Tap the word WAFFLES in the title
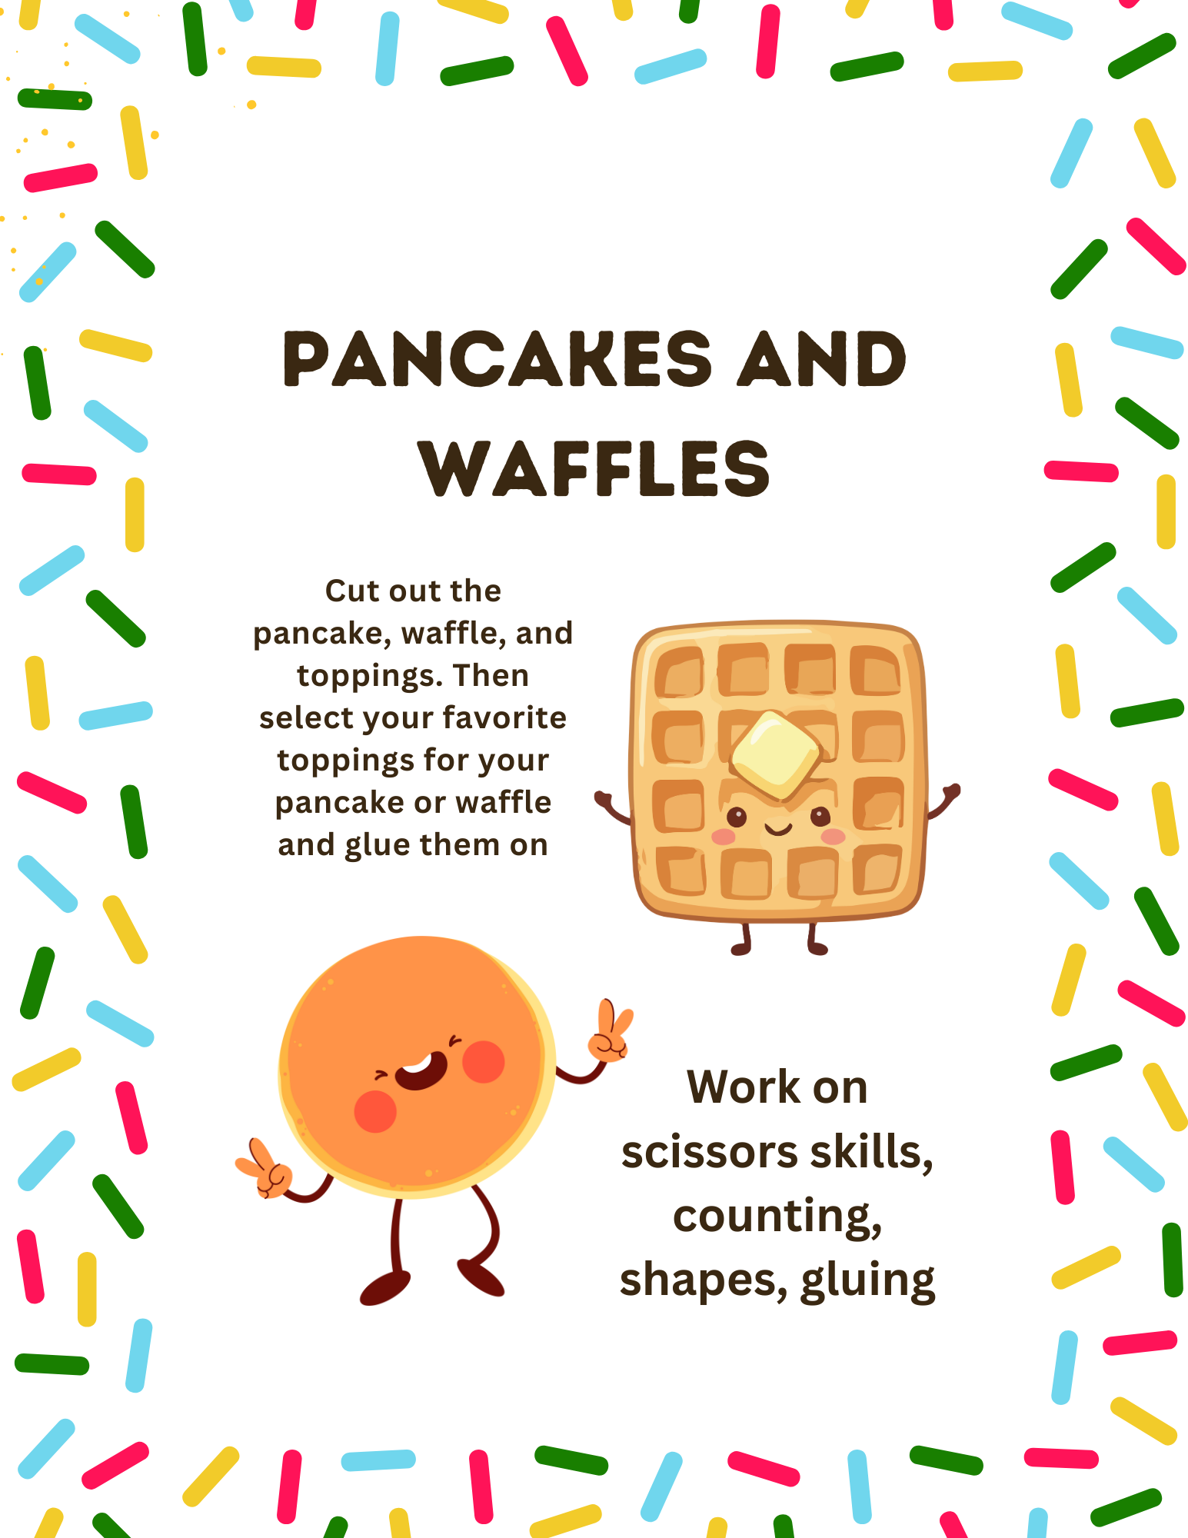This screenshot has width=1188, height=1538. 594,468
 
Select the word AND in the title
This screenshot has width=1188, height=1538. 822,359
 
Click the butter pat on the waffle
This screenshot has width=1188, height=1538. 777,755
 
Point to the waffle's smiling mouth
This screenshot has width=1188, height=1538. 778,828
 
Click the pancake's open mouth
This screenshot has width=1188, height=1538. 421,1070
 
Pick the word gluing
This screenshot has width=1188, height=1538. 868,1282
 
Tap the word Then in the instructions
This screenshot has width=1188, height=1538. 491,675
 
